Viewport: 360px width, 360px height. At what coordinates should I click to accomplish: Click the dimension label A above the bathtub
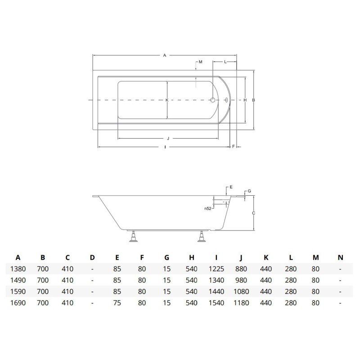(165, 55)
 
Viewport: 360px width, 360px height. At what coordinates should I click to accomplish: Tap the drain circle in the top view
(213, 100)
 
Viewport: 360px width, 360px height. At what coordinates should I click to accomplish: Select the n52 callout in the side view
(208, 208)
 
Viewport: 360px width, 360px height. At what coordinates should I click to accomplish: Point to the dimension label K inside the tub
(167, 100)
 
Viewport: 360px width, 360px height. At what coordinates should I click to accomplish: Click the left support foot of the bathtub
(134, 237)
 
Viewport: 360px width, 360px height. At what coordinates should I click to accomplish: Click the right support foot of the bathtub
(202, 237)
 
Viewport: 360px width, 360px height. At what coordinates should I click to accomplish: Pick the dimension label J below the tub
(168, 138)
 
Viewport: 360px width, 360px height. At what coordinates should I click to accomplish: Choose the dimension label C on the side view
(254, 213)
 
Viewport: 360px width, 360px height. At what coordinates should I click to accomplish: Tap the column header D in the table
(92, 257)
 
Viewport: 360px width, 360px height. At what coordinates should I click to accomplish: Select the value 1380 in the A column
(18, 269)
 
